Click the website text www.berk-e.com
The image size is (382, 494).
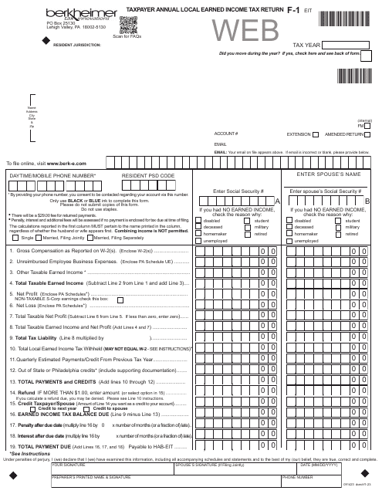coord(63,164)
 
